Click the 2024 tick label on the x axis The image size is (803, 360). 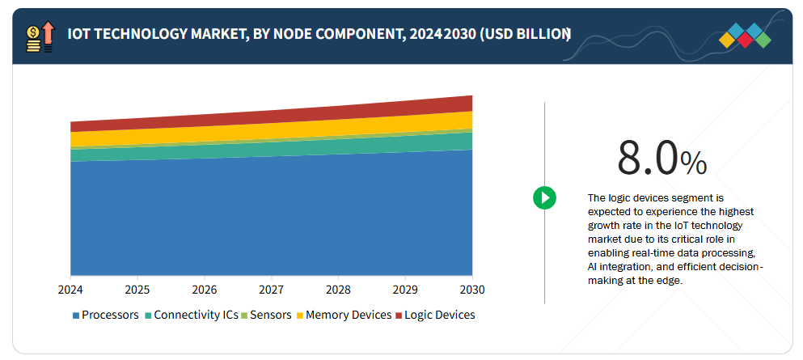[70, 290]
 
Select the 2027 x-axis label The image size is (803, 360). [272, 290]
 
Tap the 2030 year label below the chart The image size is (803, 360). [472, 290]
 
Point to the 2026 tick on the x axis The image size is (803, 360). [205, 290]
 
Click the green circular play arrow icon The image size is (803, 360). [544, 197]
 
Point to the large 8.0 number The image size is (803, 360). [647, 158]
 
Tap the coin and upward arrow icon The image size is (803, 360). [40, 37]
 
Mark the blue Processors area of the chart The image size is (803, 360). [271, 218]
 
